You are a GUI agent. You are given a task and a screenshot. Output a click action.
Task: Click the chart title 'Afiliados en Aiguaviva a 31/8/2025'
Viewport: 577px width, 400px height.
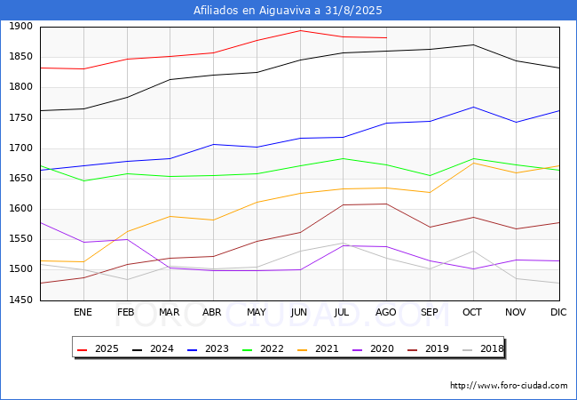coord(288,11)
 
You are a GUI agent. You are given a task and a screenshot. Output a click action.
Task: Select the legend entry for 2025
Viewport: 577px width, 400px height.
coord(98,348)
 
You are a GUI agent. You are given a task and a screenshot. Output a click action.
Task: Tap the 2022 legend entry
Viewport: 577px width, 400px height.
coord(263,348)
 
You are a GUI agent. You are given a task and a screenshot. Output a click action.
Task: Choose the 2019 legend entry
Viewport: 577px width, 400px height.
coord(429,348)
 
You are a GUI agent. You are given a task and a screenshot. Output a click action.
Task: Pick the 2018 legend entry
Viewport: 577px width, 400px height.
coord(483,348)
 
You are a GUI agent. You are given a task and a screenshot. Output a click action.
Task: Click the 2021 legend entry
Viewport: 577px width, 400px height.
coord(318,348)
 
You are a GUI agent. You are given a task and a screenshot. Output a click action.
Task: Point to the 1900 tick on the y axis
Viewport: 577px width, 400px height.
coord(21,26)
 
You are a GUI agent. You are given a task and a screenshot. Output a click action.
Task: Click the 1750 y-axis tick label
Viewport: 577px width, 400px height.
coord(21,117)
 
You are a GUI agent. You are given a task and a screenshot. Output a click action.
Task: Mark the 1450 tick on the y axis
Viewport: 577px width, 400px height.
coord(21,300)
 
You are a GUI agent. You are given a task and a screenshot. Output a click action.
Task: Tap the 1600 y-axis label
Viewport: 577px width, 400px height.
coord(21,209)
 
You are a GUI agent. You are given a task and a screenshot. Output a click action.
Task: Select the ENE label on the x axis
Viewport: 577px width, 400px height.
coord(83,312)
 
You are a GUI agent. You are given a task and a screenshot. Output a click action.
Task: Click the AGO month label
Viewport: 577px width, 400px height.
coord(385,312)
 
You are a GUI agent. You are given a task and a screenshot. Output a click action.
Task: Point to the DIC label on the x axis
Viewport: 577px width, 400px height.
coord(558,312)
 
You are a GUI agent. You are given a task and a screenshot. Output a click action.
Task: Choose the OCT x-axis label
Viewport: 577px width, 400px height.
coord(472,312)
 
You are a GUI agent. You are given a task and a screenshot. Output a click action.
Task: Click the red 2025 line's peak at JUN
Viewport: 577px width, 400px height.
coord(300,30)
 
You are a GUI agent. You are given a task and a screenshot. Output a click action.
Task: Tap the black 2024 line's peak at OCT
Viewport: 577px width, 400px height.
coord(473,45)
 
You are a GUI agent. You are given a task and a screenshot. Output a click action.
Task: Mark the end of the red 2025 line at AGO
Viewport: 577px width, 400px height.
coord(386,37)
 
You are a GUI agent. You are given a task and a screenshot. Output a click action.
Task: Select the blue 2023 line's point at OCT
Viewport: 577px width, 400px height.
coord(473,108)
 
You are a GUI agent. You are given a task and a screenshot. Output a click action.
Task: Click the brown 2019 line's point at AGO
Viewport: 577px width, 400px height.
coord(386,204)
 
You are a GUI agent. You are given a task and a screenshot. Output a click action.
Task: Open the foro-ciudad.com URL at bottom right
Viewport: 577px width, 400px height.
coord(509,386)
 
